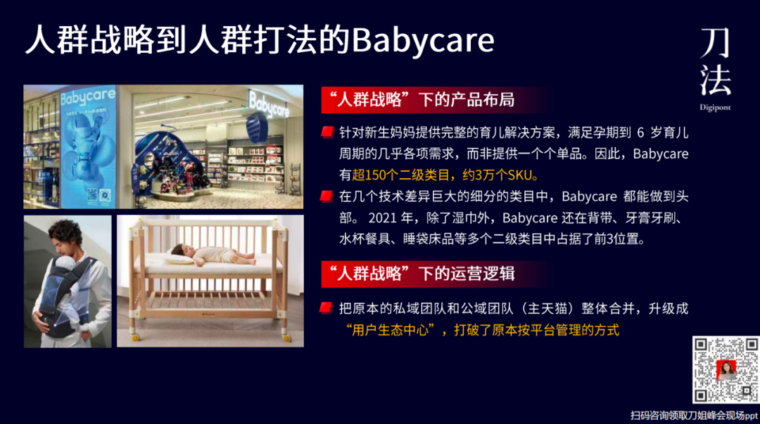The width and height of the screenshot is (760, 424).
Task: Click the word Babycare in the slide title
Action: pos(423,40)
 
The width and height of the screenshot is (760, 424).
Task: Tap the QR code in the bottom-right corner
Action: pos(726,369)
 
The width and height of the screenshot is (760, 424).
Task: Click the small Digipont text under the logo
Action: pos(715,107)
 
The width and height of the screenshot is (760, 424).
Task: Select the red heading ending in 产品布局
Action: pos(422,99)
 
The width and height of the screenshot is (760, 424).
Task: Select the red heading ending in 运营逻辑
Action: pos(422,273)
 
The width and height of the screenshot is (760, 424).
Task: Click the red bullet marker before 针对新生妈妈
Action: pos(327,132)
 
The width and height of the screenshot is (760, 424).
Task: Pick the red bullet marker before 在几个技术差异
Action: pos(327,196)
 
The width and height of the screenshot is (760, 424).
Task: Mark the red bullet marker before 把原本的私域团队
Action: pos(327,308)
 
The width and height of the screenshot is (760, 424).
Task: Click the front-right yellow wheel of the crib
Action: pos(286,337)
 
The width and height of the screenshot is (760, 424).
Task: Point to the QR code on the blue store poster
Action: pos(92,195)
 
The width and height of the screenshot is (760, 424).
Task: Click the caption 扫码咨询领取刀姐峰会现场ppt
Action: pos(694,416)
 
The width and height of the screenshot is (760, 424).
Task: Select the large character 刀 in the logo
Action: pos(716,43)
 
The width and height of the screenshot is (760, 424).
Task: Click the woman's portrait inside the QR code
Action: pos(726,370)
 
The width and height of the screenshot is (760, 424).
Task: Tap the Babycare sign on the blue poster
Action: pos(88,97)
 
